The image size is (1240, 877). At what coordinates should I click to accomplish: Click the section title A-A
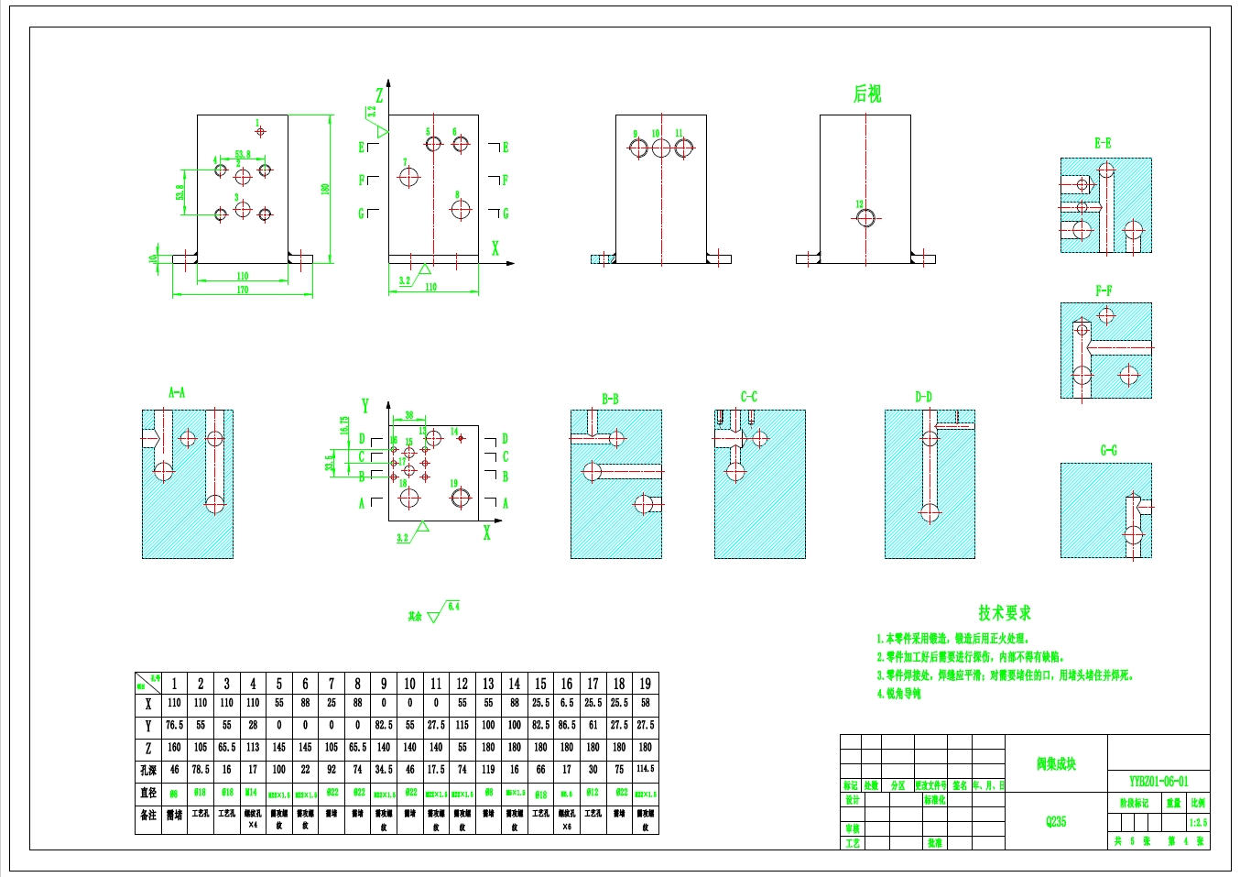[177, 392]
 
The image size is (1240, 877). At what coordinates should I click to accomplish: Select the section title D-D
[923, 397]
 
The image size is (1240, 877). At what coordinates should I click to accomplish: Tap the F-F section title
[1104, 291]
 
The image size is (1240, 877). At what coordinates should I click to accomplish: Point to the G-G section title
[1108, 450]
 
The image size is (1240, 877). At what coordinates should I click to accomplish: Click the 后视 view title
[867, 93]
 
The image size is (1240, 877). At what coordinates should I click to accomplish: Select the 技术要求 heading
[1004, 613]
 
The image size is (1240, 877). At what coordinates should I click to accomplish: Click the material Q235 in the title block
[1056, 822]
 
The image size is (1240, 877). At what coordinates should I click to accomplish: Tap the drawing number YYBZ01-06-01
[1158, 782]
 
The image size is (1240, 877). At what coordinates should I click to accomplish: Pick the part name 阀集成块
[1056, 763]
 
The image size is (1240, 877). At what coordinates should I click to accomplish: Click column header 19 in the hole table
[645, 684]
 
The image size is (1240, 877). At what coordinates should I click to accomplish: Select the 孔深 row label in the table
[147, 771]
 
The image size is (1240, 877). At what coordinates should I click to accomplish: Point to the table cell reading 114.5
[645, 770]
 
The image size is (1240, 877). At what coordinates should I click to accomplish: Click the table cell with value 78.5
[201, 770]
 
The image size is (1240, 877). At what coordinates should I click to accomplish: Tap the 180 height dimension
[324, 189]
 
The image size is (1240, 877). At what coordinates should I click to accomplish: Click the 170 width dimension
[243, 290]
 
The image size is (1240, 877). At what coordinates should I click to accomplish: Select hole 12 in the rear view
[865, 218]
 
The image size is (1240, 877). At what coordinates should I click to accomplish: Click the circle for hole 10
[660, 148]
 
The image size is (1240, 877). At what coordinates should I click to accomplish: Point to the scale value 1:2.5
[1198, 822]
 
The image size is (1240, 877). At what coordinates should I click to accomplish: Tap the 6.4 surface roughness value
[454, 607]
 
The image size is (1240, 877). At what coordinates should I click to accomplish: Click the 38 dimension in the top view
[408, 415]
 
